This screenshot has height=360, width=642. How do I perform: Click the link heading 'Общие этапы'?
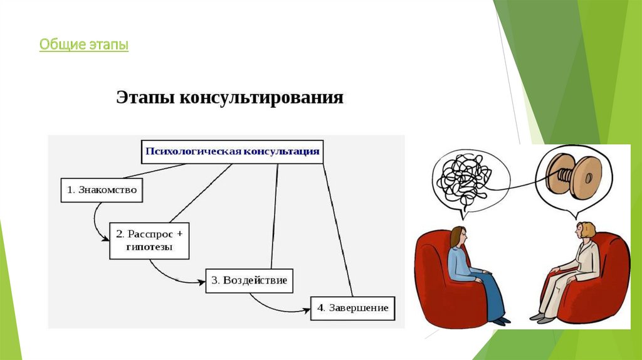tap(83, 45)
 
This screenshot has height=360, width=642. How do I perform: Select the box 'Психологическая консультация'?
tap(233, 151)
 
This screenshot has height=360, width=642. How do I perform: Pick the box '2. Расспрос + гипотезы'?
tap(149, 240)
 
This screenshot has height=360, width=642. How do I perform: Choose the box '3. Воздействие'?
tap(250, 280)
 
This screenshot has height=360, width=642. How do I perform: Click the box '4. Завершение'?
tap(352, 308)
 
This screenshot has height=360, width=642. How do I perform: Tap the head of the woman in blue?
tap(458, 237)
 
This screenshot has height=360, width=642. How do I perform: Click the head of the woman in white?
tap(586, 231)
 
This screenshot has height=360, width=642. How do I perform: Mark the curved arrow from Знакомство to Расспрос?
tap(96, 223)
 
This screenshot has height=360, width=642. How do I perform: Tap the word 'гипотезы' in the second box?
tap(149, 247)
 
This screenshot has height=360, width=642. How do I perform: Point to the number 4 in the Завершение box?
tap(320, 308)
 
